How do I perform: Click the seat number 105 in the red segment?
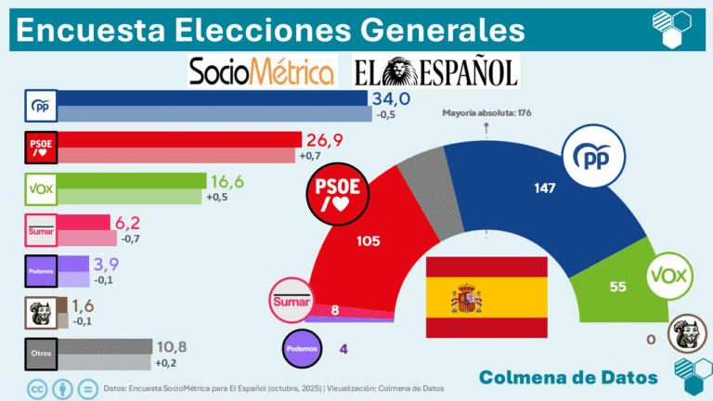click(x=369, y=240)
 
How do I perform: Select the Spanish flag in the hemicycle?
click(x=486, y=299)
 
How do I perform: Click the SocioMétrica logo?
click(x=262, y=71)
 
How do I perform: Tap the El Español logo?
click(x=434, y=71)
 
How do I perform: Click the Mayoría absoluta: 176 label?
click(x=486, y=113)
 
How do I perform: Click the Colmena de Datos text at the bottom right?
click(x=569, y=377)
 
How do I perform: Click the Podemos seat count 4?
click(x=343, y=349)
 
